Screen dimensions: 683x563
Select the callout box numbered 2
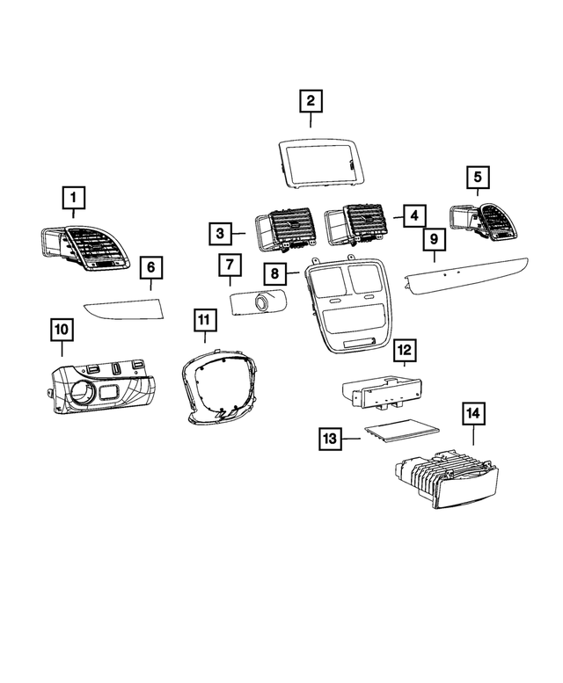point(310,102)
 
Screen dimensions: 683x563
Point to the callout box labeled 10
point(62,331)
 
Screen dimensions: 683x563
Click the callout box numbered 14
point(473,412)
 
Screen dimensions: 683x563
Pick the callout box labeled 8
point(275,274)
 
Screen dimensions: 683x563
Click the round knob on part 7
point(261,305)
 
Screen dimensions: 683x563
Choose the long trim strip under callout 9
point(465,274)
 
